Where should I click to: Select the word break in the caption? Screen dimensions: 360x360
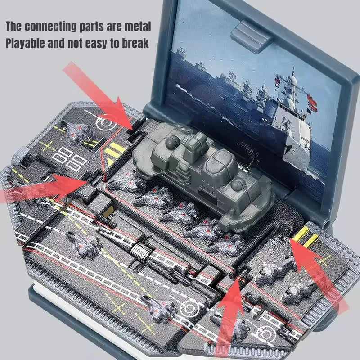[134, 44]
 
